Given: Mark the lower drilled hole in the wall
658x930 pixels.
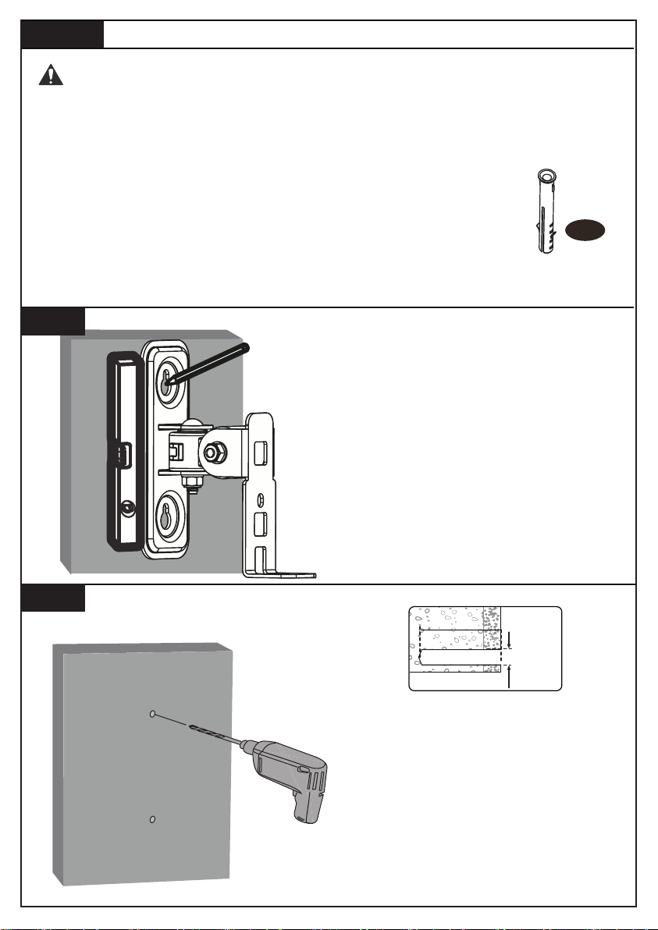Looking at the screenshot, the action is click(x=153, y=819).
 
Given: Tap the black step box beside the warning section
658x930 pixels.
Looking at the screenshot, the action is click(x=62, y=34).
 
